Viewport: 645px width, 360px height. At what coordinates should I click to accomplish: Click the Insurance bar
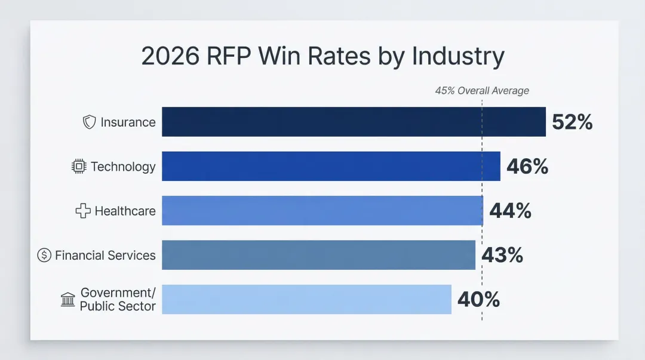pyautogui.click(x=354, y=122)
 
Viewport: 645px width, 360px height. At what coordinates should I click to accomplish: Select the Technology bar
pyautogui.click(x=331, y=166)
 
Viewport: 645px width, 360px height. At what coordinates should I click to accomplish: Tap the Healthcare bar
pyautogui.click(x=322, y=211)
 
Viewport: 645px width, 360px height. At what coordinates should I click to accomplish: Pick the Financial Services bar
pyautogui.click(x=318, y=255)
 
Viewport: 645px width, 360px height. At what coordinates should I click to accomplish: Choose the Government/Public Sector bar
pyautogui.click(x=306, y=299)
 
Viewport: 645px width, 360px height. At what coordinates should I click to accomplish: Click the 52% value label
pyautogui.click(x=572, y=122)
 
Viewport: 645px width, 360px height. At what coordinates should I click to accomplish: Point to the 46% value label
pyautogui.click(x=527, y=167)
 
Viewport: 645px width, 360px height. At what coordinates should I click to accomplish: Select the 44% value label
pyautogui.click(x=510, y=211)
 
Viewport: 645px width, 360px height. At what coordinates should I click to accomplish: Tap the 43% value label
pyautogui.click(x=502, y=255)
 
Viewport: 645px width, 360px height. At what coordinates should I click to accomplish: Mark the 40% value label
pyautogui.click(x=478, y=299)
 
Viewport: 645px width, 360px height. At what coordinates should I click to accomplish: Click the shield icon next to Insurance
pyautogui.click(x=89, y=122)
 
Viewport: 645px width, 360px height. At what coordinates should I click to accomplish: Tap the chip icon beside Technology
pyautogui.click(x=78, y=167)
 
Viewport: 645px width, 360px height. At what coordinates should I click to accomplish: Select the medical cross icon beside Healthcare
pyautogui.click(x=82, y=211)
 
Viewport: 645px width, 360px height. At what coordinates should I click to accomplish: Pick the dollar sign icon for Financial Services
pyautogui.click(x=44, y=256)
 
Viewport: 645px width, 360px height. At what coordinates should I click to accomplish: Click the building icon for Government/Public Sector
pyautogui.click(x=68, y=300)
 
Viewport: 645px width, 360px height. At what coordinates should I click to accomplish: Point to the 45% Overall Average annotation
pyautogui.click(x=481, y=91)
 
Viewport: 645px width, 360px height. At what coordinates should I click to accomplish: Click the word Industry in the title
pyautogui.click(x=458, y=56)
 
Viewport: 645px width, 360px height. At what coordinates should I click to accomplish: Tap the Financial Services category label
pyautogui.click(x=105, y=256)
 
